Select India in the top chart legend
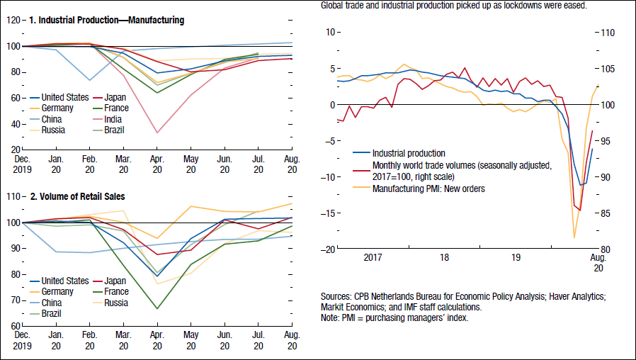(113, 120)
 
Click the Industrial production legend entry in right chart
(409, 152)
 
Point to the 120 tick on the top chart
(13, 20)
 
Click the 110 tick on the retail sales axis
(13, 196)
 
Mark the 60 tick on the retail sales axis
(13, 326)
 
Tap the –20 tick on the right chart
(326, 249)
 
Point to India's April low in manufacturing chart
(157, 133)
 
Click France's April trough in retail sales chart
(157, 308)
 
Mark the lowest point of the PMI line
(574, 237)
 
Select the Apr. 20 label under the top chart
(157, 164)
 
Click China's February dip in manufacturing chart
(90, 80)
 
